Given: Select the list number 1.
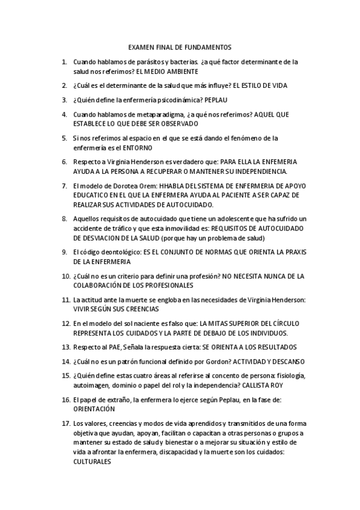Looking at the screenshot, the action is tap(64, 62).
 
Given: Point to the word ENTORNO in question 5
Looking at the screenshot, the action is tap(136, 147).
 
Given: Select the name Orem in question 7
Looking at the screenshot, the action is tap(145, 186).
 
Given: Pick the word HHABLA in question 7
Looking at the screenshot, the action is tap(173, 186).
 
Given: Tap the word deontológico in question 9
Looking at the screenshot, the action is tap(117, 252).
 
